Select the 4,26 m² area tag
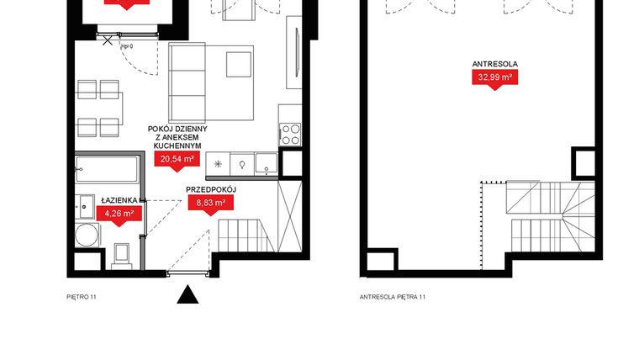click(x=119, y=214)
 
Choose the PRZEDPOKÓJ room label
click(x=211, y=189)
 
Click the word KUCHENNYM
click(x=177, y=145)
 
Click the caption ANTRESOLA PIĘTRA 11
click(x=393, y=297)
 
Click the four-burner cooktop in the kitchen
click(x=290, y=134)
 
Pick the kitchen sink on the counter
click(x=266, y=163)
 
